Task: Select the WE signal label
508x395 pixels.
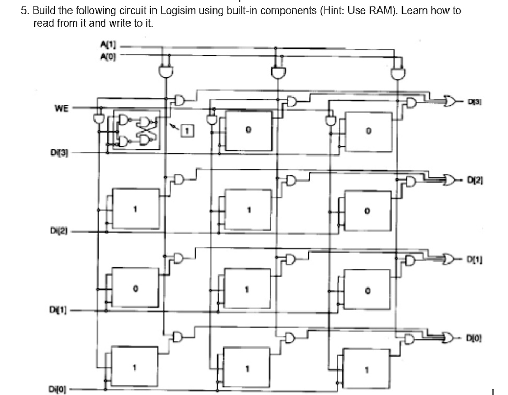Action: click(x=61, y=108)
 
